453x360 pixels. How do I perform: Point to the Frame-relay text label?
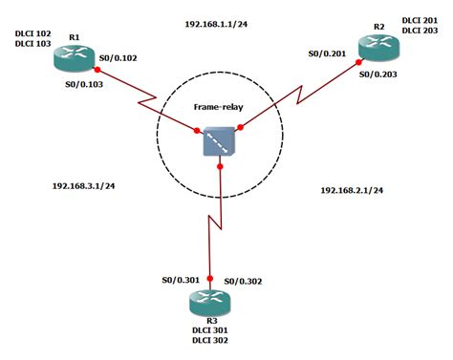(219, 110)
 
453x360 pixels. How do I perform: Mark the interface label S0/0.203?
(378, 73)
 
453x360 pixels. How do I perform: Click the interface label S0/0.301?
(181, 280)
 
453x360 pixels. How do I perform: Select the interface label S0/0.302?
(243, 280)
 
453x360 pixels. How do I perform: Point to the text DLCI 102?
(32, 33)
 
